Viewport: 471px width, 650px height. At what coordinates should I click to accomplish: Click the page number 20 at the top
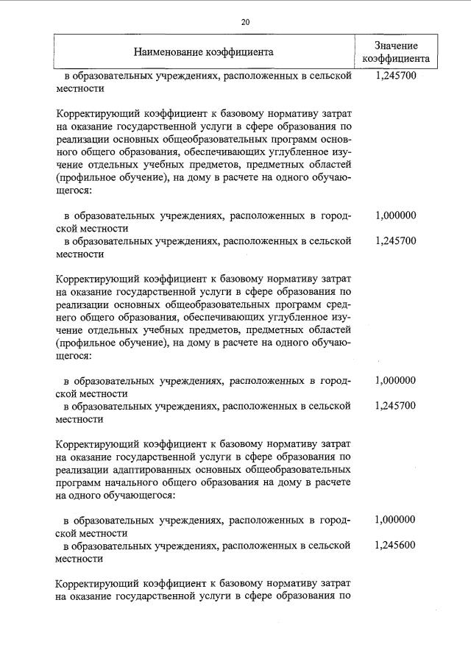(246, 23)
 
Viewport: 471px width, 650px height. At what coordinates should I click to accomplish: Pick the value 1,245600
(395, 546)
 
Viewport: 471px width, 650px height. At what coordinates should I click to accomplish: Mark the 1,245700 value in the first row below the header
(395, 75)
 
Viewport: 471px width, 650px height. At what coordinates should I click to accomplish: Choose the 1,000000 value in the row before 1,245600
(395, 519)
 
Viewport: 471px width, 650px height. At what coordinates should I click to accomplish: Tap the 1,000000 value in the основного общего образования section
(395, 216)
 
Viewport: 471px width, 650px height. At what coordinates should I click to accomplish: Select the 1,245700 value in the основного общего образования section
(395, 241)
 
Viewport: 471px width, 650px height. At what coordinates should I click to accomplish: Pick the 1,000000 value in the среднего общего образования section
(395, 381)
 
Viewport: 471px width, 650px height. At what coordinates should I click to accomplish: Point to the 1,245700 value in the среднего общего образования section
(395, 406)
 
